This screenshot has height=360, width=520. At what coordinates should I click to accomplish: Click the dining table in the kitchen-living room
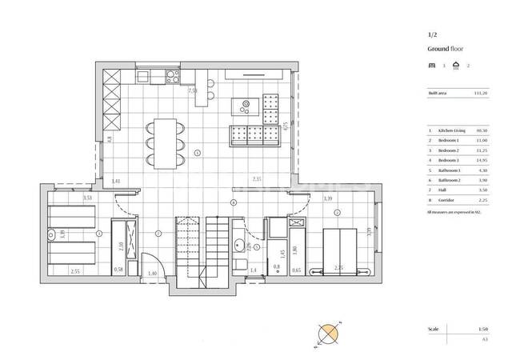[164, 142]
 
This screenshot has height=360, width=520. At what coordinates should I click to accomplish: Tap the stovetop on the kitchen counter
[171, 77]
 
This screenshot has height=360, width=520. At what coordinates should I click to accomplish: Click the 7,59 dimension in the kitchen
[193, 91]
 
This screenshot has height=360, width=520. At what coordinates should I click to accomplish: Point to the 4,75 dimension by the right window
[285, 126]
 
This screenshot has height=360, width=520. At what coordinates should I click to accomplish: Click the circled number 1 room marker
[198, 152]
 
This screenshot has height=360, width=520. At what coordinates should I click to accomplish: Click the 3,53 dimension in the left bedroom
[66, 197]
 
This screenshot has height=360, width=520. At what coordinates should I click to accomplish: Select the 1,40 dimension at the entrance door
[153, 274]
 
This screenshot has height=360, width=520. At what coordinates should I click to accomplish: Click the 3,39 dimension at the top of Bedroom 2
[327, 198]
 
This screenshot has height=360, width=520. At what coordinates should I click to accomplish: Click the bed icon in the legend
[431, 65]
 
